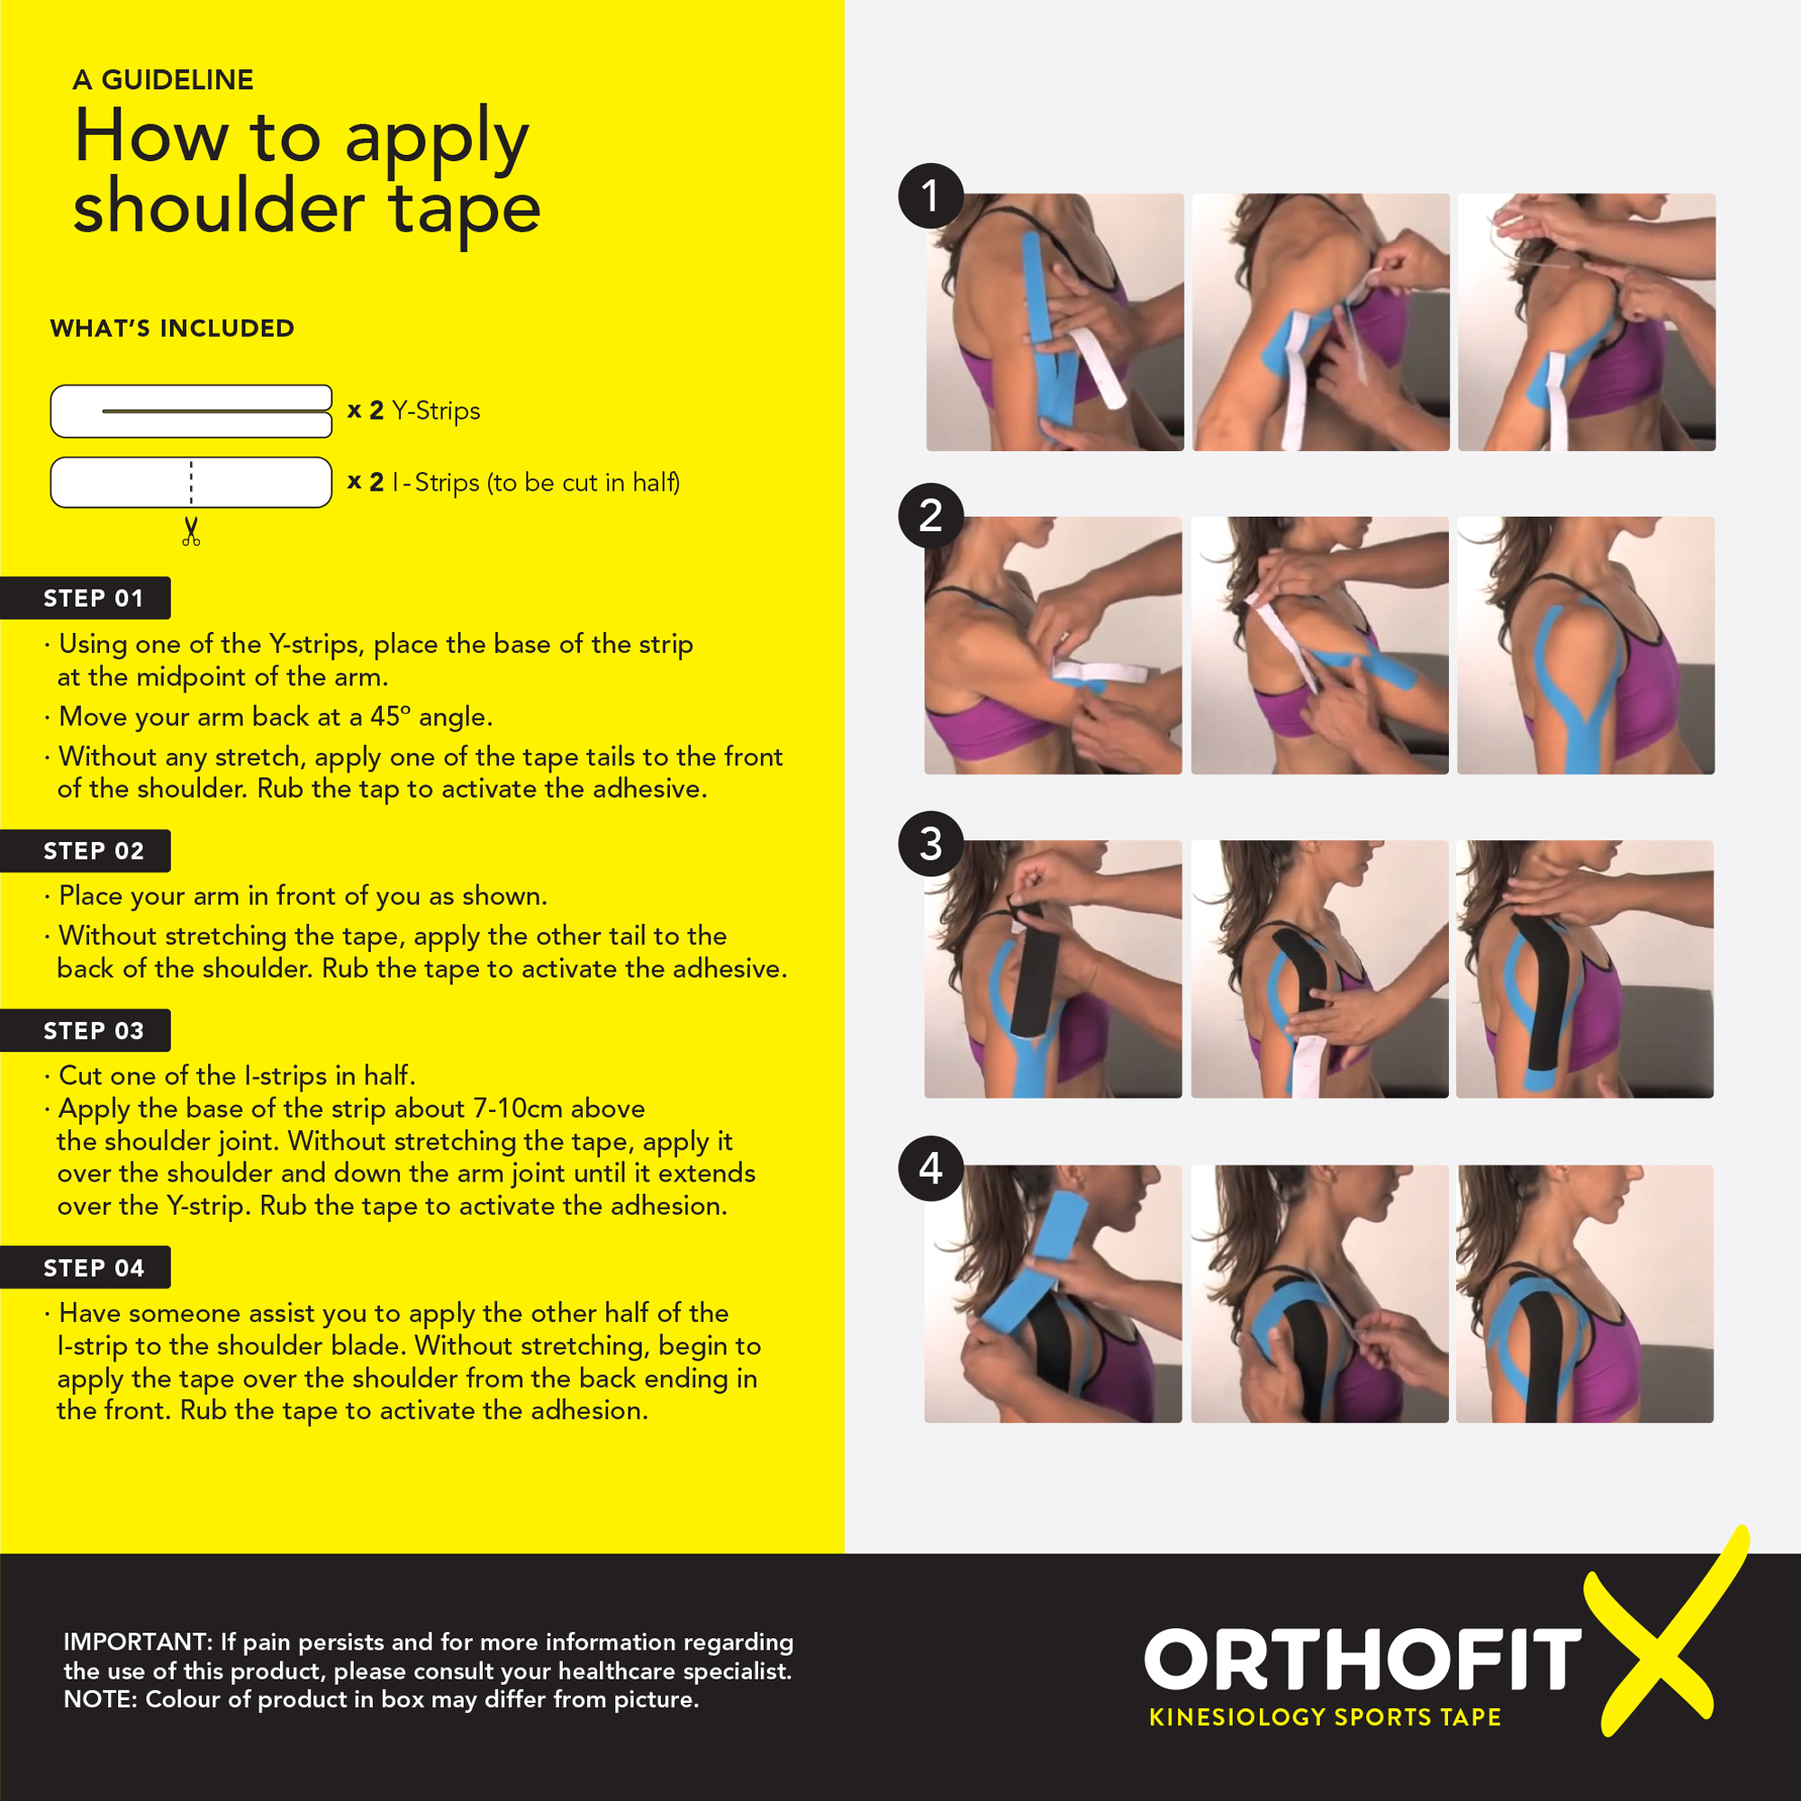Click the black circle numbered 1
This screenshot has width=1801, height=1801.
click(930, 195)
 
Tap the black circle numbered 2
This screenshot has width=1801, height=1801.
click(930, 515)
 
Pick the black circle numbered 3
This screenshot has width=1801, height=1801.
click(930, 844)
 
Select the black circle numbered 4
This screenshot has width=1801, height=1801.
click(930, 1168)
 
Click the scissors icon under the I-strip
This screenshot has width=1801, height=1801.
click(191, 531)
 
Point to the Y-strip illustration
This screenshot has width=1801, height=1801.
click(191, 412)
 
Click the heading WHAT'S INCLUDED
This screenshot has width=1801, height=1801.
click(173, 328)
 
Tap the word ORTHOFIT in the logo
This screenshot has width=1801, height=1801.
click(1362, 1661)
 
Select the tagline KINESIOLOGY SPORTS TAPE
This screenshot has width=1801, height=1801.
click(1325, 1717)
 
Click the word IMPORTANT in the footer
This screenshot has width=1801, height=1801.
click(138, 1642)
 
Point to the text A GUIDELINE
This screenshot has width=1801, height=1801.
click(163, 80)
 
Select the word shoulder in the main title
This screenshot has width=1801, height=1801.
click(219, 207)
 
